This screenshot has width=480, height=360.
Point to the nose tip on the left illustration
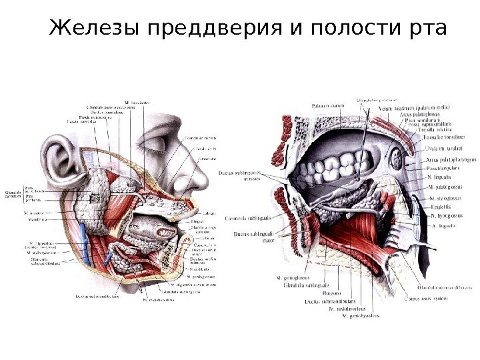(x=200, y=181)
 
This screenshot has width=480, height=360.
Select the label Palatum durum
(x=328, y=105)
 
